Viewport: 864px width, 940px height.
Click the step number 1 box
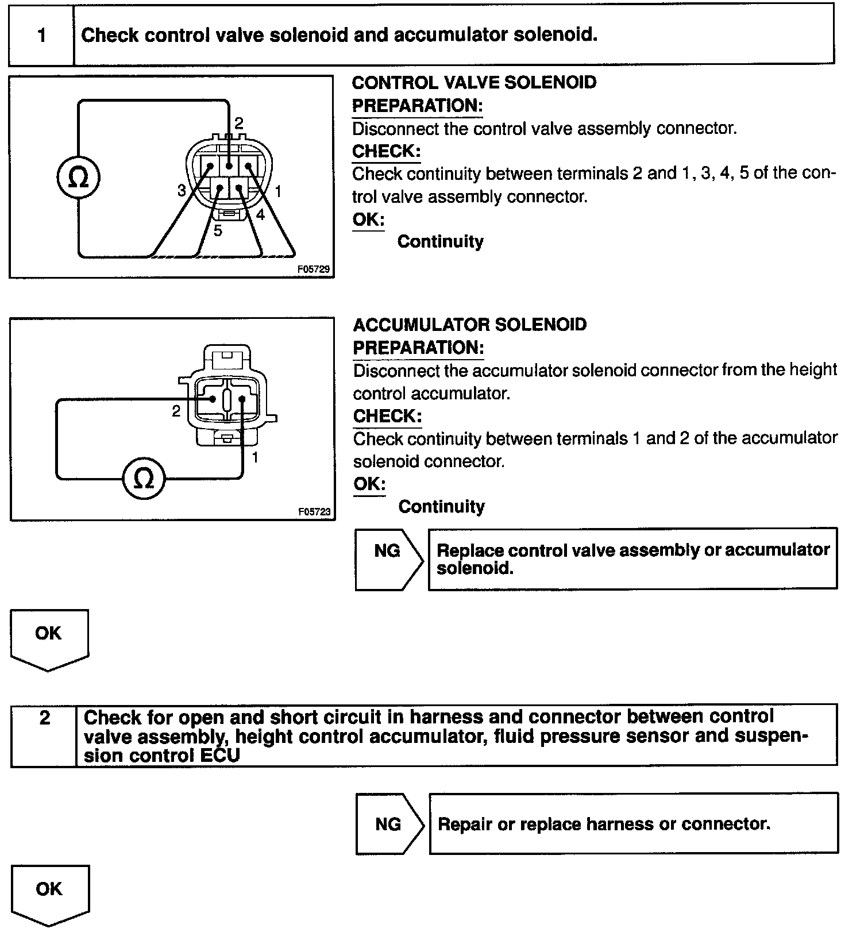click(41, 36)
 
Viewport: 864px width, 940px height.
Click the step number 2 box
click(44, 718)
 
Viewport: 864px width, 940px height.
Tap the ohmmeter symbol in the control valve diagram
click(79, 178)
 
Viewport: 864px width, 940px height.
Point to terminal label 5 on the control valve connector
click(218, 231)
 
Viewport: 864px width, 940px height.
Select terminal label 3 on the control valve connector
click(182, 191)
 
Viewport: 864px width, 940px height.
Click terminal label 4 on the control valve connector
click(260, 215)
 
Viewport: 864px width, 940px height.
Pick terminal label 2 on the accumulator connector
click(176, 411)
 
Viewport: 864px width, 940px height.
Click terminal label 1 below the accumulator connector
click(255, 457)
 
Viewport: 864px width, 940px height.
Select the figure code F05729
click(314, 268)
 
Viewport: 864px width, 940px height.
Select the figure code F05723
click(314, 511)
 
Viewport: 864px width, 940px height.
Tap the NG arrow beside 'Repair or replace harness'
click(389, 825)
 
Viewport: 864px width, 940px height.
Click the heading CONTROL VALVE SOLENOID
click(474, 83)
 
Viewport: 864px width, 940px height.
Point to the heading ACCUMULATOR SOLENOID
click(469, 325)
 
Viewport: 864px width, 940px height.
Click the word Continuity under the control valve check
click(440, 241)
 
